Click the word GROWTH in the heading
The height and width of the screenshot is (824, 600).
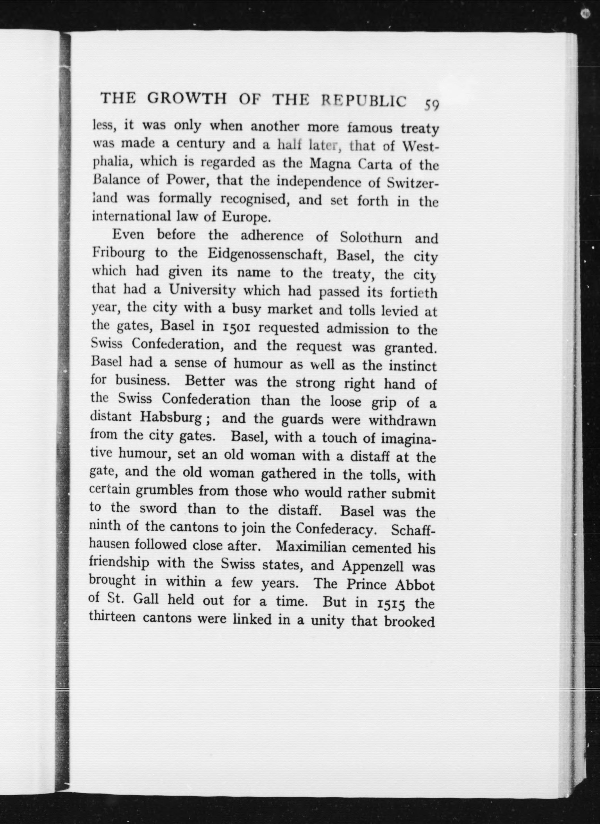coord(188,99)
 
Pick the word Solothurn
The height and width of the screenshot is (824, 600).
coord(371,238)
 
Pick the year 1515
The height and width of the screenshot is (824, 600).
coord(391,603)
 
